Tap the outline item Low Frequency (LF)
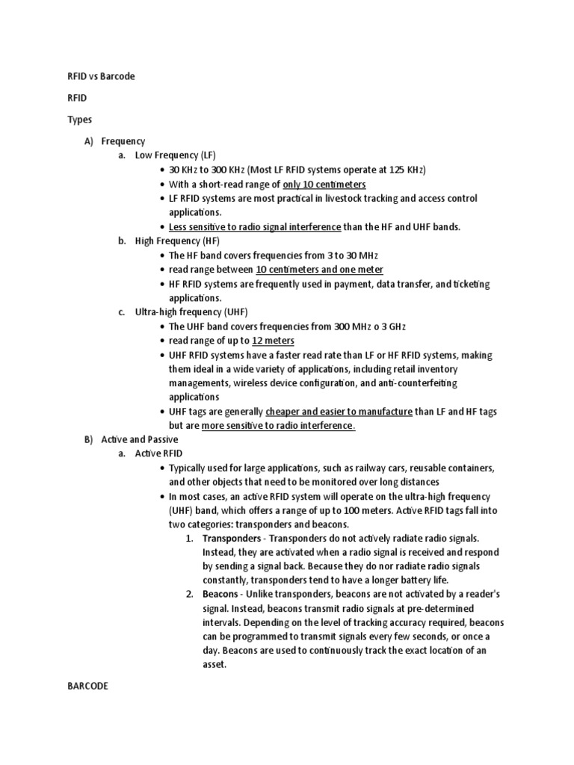175,155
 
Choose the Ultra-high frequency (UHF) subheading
191,312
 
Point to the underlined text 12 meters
273,341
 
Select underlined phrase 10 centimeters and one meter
319,269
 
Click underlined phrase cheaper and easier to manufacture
339,412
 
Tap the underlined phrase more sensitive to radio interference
278,426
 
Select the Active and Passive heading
140,440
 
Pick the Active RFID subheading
158,453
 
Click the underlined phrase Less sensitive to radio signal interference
255,226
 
